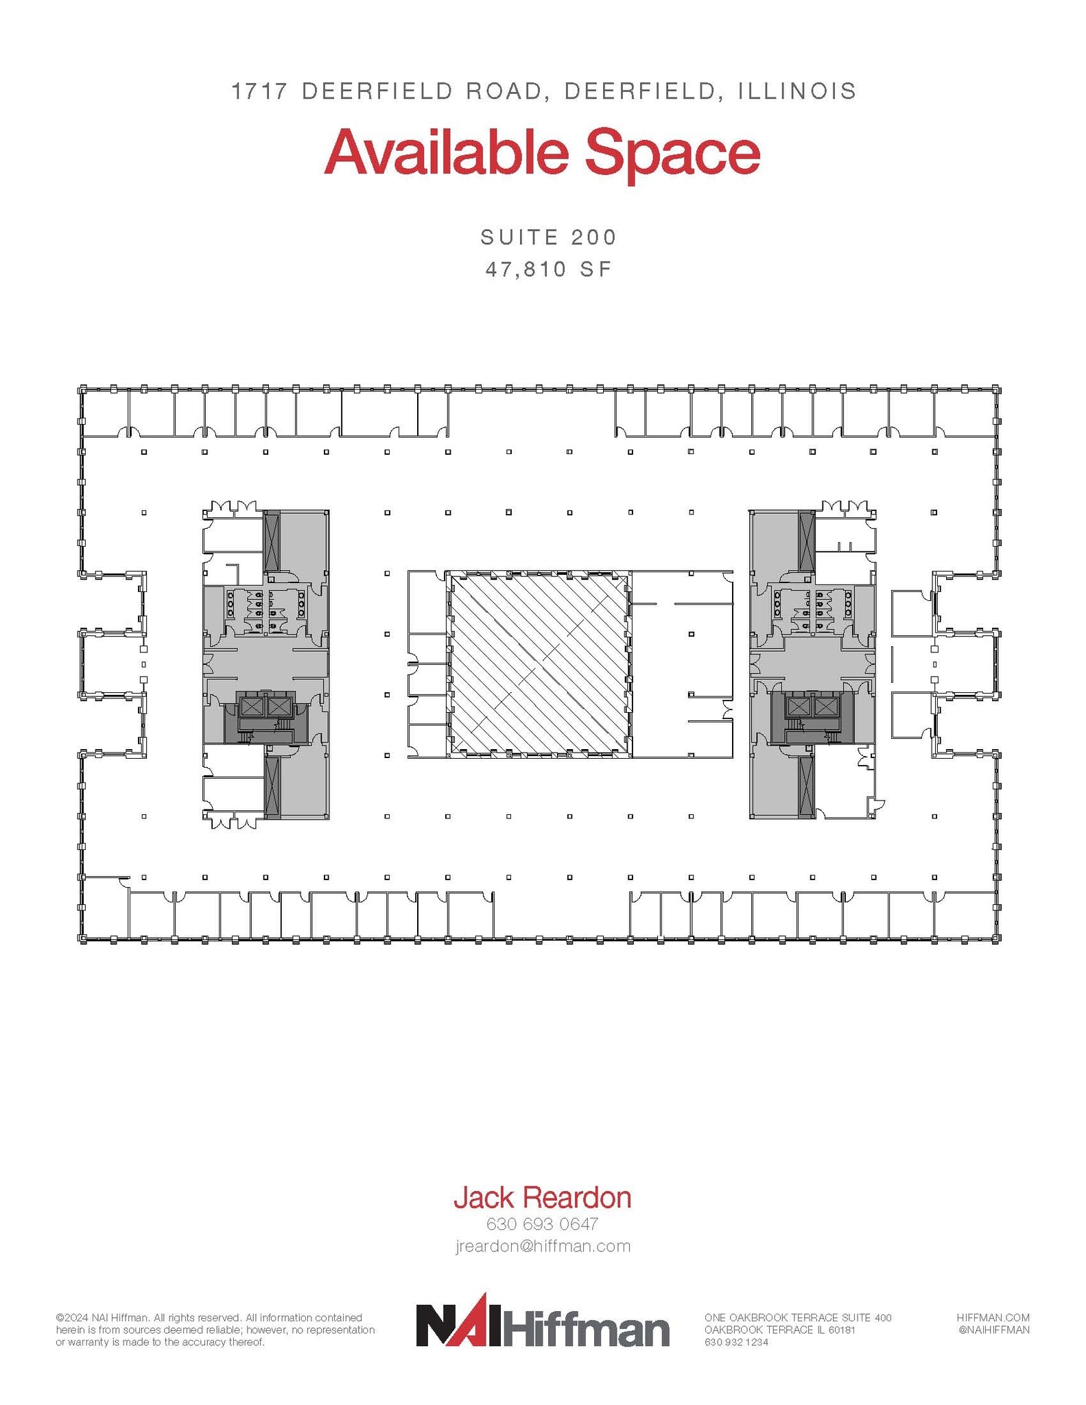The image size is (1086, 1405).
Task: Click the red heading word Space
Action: coord(672,154)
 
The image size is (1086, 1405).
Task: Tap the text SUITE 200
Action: coord(549,237)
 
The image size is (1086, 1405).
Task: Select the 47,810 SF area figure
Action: coord(549,269)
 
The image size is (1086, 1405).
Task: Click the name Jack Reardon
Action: coord(542,1197)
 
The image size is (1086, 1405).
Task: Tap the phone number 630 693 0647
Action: coord(542,1223)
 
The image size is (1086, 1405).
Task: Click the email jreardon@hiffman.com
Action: coord(543,1246)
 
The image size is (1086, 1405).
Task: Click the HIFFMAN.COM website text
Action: coord(993,1317)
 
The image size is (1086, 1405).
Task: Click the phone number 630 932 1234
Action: coord(736,1342)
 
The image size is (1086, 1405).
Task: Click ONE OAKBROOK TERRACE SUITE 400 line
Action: coord(797,1317)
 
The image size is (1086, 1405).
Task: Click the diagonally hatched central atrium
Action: coord(539,664)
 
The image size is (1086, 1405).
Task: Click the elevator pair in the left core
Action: coord(265,707)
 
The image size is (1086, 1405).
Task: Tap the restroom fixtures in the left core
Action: coord(265,605)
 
